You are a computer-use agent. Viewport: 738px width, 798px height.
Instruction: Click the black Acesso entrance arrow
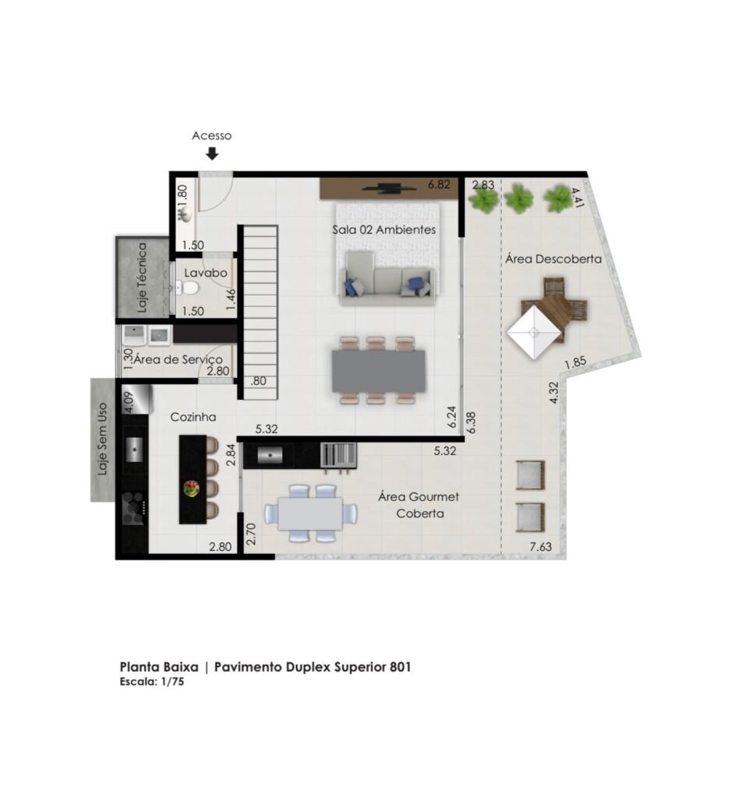(212, 154)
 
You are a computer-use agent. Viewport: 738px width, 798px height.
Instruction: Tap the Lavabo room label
(206, 273)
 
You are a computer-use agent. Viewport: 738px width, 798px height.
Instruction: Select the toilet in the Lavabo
(188, 288)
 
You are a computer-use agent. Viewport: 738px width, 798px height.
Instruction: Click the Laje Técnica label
(142, 277)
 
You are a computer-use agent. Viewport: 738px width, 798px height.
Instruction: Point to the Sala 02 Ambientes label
(384, 230)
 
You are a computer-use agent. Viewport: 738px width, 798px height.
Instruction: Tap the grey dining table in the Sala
(379, 370)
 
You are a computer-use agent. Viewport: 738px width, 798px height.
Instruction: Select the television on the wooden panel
(390, 189)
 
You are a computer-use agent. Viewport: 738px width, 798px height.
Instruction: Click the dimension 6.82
(439, 184)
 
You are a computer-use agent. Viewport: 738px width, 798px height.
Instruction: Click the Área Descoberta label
(553, 259)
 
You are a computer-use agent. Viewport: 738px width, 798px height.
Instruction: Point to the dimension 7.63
(541, 546)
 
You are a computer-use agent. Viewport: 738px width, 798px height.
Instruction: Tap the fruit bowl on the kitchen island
(192, 489)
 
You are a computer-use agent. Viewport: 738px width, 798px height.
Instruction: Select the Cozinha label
(193, 417)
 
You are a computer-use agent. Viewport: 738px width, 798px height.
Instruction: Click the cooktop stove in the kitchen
(134, 508)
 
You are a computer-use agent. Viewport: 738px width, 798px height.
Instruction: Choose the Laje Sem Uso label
(103, 440)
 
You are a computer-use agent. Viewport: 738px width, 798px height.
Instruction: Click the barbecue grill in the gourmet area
(338, 455)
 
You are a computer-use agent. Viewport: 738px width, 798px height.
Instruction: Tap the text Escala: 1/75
(152, 682)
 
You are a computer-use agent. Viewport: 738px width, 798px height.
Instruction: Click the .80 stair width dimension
(258, 380)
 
